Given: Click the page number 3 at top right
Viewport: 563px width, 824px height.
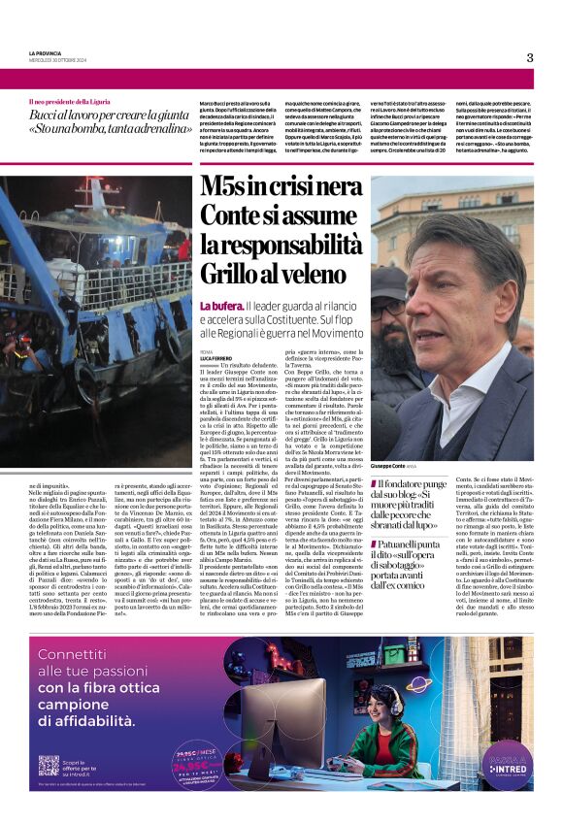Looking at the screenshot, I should coord(530,57).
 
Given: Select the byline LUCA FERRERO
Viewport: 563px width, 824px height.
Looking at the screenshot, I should coord(215,358).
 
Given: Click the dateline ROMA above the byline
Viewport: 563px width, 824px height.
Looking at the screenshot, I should coord(205,350).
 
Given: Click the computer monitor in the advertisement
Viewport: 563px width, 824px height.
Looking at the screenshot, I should coord(281,720).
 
